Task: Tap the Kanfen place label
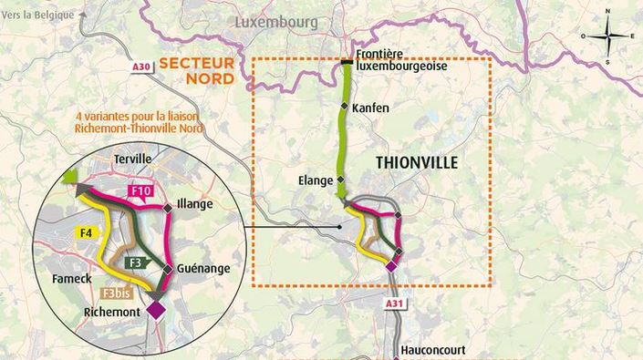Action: (x=370, y=108)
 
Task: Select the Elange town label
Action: (x=316, y=180)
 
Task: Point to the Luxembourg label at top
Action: (x=276, y=21)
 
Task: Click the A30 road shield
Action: (x=140, y=67)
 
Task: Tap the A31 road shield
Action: (x=394, y=303)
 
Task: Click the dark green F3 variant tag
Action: (x=136, y=262)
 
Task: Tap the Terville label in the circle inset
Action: (x=133, y=159)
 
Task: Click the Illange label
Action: (x=195, y=204)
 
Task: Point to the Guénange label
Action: (x=202, y=268)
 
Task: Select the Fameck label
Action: (x=72, y=278)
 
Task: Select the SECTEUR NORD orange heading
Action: (x=196, y=70)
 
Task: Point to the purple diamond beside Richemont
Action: (x=156, y=310)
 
